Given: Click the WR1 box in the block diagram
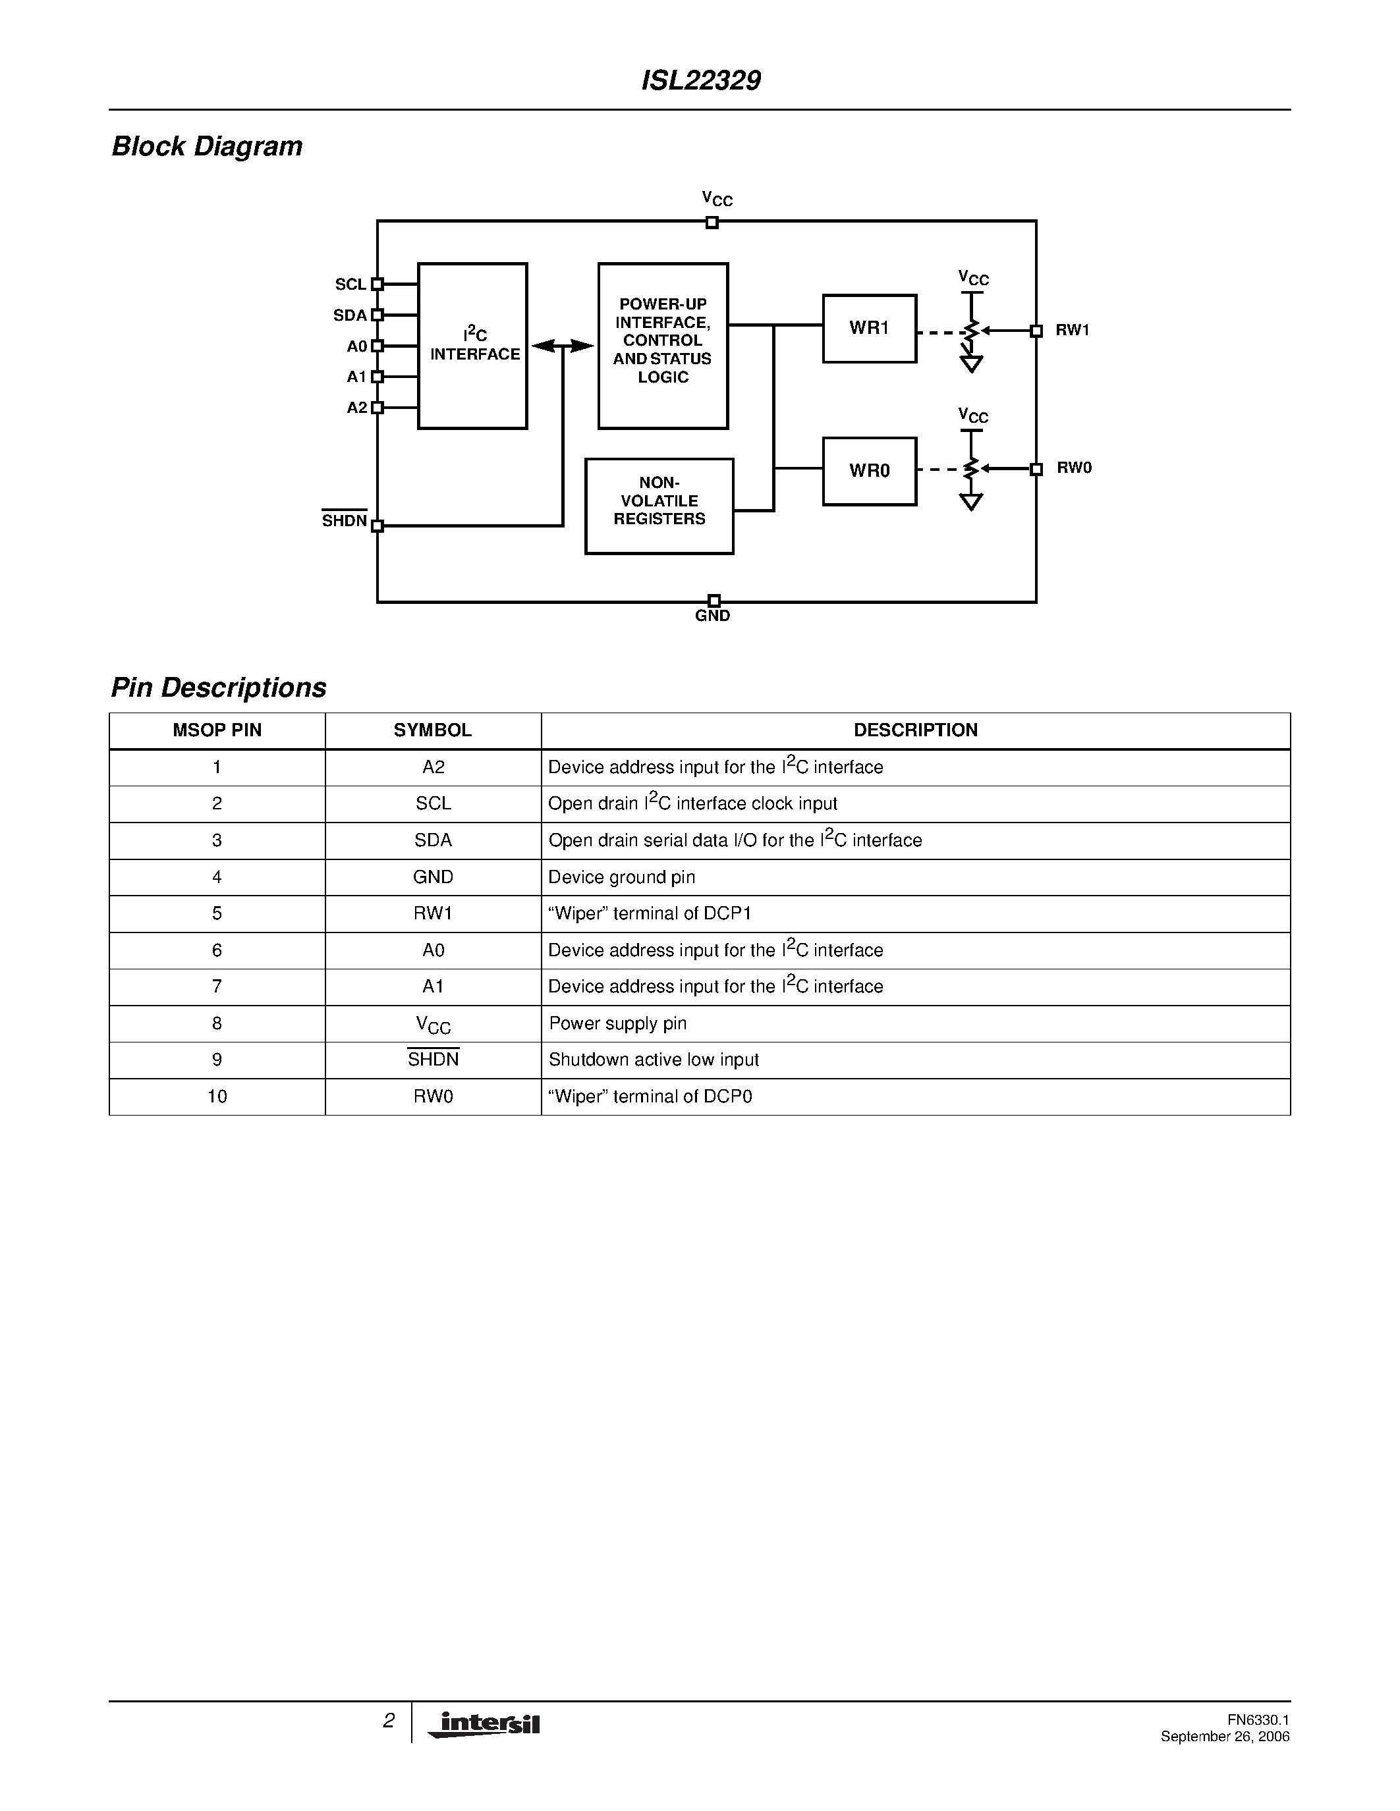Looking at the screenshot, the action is [x=869, y=329].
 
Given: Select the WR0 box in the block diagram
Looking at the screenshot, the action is [x=869, y=471].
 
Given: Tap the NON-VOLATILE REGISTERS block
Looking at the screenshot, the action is [x=659, y=506].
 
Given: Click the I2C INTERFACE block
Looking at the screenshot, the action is [x=473, y=346].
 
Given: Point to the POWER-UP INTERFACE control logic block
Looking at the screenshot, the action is [x=663, y=346].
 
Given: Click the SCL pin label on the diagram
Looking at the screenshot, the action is [x=350, y=284].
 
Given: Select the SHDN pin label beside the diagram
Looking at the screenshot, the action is [x=344, y=521].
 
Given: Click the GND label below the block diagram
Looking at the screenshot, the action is [x=712, y=616].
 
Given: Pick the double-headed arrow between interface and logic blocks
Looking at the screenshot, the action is [x=563, y=346].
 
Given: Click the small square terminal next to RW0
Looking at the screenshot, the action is [x=1036, y=470].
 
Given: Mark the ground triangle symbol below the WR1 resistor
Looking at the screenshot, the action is [x=971, y=364].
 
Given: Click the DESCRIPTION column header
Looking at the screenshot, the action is [x=916, y=730].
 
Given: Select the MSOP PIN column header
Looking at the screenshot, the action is [x=217, y=730].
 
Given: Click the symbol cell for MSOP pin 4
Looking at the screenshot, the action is [x=433, y=877].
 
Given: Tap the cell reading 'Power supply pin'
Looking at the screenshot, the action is [x=618, y=1023].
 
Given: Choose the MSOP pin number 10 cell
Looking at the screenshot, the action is [x=217, y=1096].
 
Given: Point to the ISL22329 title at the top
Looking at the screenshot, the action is [x=701, y=80].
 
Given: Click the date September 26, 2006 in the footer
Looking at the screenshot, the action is [x=1225, y=1737].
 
